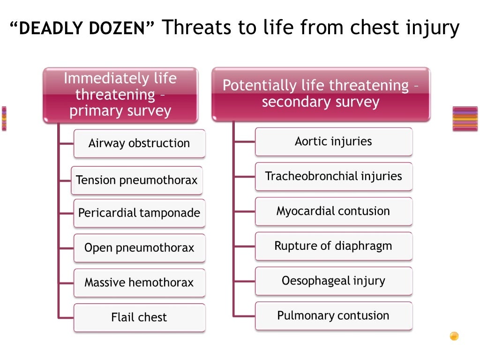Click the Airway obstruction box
point(139,143)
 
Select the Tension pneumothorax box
point(137,180)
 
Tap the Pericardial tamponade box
point(139,213)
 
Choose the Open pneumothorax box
point(139,248)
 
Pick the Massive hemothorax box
point(139,283)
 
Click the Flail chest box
point(139,317)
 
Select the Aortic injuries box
point(333,142)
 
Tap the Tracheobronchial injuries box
point(333,176)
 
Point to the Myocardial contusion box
point(333,211)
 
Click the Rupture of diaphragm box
point(333,246)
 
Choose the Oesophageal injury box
point(333,281)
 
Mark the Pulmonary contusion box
point(333,315)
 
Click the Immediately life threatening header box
point(120,95)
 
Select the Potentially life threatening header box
point(321,94)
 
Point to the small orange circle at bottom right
point(454,336)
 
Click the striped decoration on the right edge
point(465,119)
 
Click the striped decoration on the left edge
point(4,119)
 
